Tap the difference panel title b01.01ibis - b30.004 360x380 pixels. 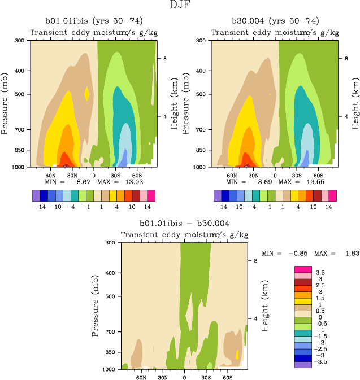(x=179, y=223)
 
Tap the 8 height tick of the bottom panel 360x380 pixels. (x=255, y=261)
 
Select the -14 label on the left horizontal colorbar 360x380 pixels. (x=40, y=207)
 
